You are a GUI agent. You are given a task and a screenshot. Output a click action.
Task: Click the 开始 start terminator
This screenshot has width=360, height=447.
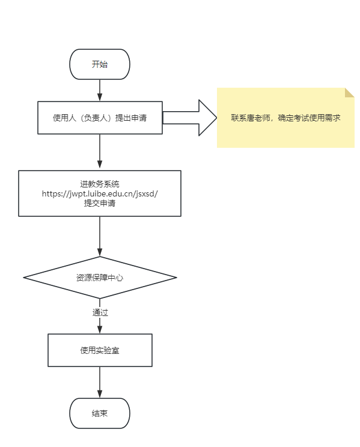point(100,64)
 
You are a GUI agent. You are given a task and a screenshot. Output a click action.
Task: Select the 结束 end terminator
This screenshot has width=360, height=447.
point(100,413)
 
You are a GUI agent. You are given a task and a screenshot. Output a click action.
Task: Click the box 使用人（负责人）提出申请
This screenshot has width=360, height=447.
point(100,117)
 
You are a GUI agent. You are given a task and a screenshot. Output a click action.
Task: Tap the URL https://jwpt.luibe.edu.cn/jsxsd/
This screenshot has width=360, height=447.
point(100,193)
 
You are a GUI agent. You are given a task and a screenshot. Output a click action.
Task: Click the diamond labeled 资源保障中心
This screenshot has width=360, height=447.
point(100,278)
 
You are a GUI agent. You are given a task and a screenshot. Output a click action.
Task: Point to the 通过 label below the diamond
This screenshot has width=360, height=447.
point(100,312)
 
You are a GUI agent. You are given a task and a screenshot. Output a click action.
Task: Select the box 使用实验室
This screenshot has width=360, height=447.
point(100,350)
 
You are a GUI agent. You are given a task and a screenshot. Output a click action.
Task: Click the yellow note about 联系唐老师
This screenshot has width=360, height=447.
point(285,118)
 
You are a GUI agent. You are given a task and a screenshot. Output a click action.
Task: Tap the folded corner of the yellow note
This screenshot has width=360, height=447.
point(350,93)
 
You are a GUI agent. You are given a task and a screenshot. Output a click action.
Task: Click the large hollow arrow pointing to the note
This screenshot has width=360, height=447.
point(189,117)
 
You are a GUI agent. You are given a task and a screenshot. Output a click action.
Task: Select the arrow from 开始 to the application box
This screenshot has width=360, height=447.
point(100,90)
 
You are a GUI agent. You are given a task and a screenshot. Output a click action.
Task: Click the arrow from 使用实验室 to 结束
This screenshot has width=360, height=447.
point(100,382)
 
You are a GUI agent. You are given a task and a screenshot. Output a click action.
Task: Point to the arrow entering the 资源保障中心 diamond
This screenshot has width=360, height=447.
point(100,236)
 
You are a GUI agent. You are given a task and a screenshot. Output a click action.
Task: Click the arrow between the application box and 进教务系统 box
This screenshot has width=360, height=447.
point(100,151)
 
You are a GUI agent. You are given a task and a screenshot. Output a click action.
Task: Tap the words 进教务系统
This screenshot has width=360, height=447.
point(100,184)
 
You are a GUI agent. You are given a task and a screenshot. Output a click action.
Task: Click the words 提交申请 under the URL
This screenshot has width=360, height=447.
point(100,203)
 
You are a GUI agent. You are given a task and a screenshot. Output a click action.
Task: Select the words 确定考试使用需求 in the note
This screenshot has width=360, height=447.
point(309,118)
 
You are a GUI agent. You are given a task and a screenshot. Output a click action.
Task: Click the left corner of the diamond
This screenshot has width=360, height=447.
point(23,278)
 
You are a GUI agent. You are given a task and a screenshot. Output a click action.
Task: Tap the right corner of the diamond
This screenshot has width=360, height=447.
point(176,278)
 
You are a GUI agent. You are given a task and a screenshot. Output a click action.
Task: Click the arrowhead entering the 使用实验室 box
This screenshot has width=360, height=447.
point(100,330)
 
